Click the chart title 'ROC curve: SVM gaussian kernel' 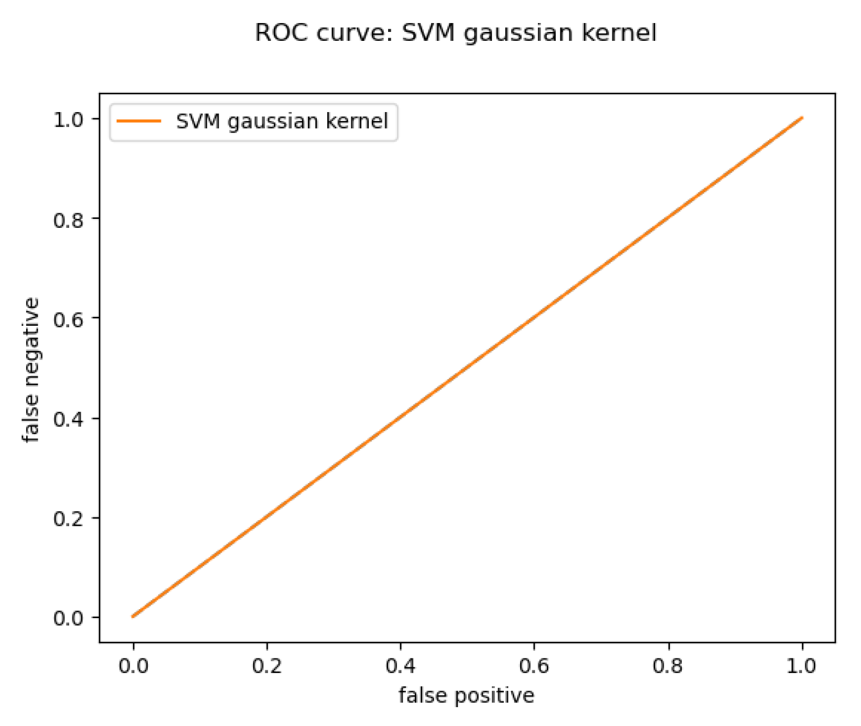455,33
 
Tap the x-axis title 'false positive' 466,696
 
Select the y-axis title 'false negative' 31,370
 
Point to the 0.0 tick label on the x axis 133,666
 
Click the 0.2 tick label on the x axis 267,666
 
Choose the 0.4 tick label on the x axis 401,666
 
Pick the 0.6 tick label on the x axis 534,666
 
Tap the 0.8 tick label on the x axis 668,666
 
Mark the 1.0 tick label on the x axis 802,666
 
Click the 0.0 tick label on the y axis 69,618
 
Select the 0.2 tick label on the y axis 69,519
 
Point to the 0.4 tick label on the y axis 69,419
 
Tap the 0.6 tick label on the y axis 69,319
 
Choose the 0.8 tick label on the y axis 69,219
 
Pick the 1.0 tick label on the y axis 69,120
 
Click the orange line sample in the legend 139,122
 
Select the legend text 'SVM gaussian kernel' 282,122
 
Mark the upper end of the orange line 802,118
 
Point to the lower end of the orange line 133,617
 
